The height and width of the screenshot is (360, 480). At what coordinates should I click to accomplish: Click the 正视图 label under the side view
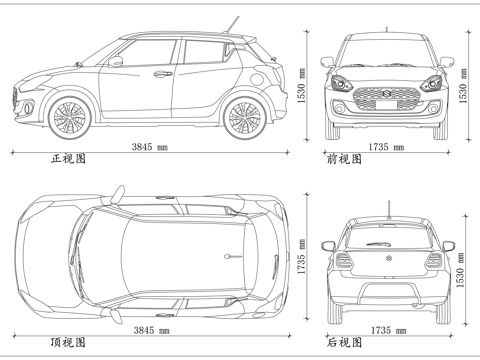pyautogui.click(x=68, y=159)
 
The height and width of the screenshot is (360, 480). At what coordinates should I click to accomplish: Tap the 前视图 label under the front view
pyautogui.click(x=344, y=159)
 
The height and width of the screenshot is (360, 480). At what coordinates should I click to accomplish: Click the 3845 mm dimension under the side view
pyautogui.click(x=149, y=147)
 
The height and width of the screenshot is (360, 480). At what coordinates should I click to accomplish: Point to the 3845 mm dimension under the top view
pyautogui.click(x=149, y=330)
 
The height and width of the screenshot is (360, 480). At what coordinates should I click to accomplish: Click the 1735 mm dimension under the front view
pyautogui.click(x=386, y=147)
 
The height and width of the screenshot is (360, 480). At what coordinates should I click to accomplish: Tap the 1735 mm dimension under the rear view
pyautogui.click(x=386, y=330)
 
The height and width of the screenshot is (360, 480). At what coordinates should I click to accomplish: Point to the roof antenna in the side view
pyautogui.click(x=235, y=22)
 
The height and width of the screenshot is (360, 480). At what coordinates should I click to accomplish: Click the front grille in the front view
pyautogui.click(x=385, y=97)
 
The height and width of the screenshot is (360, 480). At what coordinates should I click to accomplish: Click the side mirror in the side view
pyautogui.click(x=117, y=62)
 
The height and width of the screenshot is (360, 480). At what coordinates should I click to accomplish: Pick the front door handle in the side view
pyautogui.click(x=161, y=73)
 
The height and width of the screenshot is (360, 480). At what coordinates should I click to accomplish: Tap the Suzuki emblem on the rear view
pyautogui.click(x=386, y=261)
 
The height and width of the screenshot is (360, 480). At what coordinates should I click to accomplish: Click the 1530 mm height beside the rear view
pyautogui.click(x=461, y=270)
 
